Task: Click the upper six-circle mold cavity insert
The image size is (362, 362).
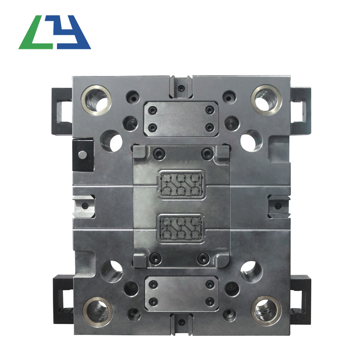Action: pos(181,184)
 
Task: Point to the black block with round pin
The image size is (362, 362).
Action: pos(83,154)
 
